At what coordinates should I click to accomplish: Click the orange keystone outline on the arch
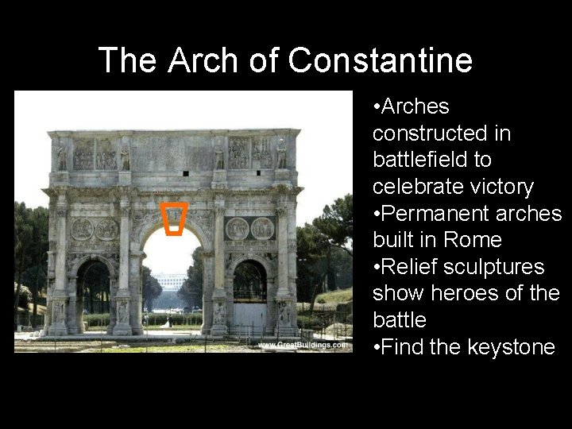tap(174, 220)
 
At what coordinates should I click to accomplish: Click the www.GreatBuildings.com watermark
tap(302, 345)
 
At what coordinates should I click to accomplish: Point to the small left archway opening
tap(94, 288)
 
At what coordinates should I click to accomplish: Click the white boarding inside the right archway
tap(250, 316)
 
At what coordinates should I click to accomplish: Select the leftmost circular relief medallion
tap(82, 230)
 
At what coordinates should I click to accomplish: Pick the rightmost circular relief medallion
tap(263, 229)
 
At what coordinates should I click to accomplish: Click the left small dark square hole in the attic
tap(185, 172)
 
